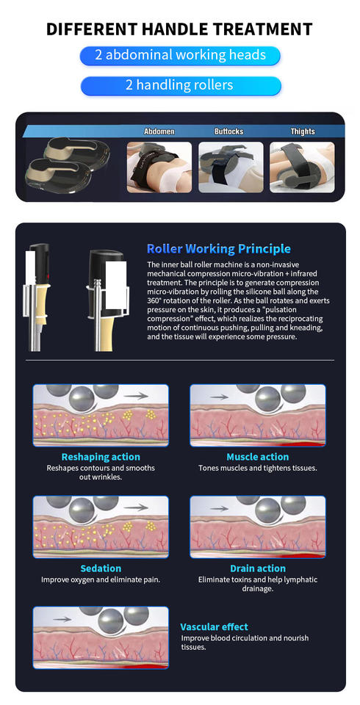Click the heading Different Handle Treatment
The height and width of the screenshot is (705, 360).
pos(179,29)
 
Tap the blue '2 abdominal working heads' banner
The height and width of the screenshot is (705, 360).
pos(180,55)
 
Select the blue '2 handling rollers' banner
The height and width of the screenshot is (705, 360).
pos(181,85)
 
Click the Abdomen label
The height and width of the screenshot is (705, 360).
pos(159,131)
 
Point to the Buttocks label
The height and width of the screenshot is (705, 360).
pos(228,131)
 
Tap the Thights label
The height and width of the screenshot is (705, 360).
pos(303,131)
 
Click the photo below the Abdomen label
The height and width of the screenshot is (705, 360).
pos(159,167)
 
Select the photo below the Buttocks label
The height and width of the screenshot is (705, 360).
pos(231,167)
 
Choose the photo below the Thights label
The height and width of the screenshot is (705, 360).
pos(302,167)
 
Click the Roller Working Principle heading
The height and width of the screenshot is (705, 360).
pos(219,249)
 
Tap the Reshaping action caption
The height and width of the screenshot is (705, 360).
pos(101,458)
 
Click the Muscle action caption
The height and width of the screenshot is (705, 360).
pos(257,458)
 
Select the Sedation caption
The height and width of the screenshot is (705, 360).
pos(101,568)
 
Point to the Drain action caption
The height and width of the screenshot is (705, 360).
pos(258,568)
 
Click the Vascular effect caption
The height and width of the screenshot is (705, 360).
pos(215,626)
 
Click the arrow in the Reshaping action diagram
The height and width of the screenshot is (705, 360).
pos(136,396)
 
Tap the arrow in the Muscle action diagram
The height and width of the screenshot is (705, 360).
pos(219,397)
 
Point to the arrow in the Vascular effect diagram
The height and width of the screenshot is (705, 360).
pos(62,619)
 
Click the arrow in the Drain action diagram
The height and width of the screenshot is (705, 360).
pos(219,508)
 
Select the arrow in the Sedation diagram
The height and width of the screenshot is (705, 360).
pos(136,507)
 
